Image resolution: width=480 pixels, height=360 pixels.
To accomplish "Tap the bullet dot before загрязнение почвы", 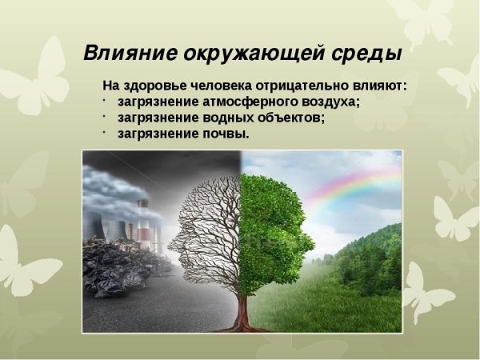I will point(105,131).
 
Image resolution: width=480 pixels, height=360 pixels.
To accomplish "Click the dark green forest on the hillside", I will point(372,256).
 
